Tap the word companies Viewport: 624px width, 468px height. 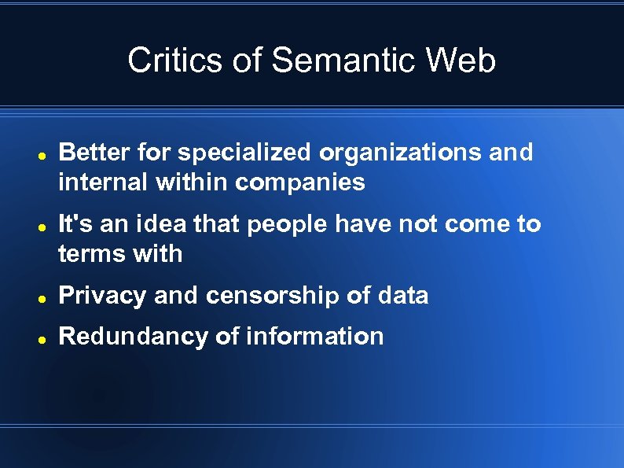(300, 183)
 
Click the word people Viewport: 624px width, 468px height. (288, 225)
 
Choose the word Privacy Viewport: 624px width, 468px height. (103, 296)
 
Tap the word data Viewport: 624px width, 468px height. (402, 296)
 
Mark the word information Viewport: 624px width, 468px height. (315, 337)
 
